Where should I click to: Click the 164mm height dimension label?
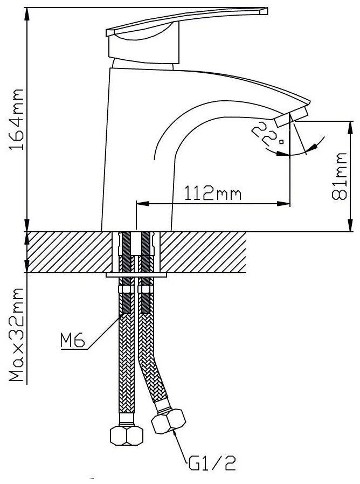point(16,120)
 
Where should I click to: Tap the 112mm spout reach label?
point(213,193)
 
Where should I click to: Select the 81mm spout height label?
point(340,176)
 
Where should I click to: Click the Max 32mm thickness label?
point(16,335)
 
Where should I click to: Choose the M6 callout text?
point(73,341)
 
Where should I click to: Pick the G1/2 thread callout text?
point(212,463)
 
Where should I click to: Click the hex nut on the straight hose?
point(127,435)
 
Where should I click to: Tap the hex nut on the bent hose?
point(168,421)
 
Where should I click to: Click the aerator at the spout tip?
point(290,117)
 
